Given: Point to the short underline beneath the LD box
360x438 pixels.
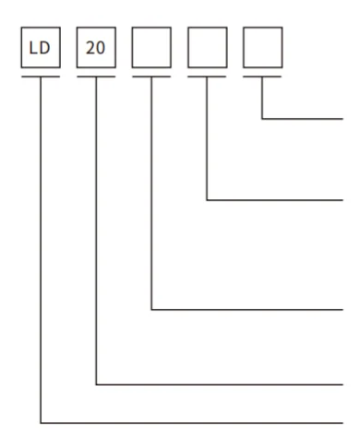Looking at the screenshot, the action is (41, 77).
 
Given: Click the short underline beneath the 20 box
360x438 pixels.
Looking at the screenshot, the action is (96, 77).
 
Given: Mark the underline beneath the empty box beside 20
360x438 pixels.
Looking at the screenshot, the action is (151, 77).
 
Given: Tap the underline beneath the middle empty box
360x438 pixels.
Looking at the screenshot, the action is (206, 77).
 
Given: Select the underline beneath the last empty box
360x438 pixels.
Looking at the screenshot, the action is (262, 77).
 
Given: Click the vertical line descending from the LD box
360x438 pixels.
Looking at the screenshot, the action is (41, 249).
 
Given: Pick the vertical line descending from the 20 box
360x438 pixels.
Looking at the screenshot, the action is (96, 231).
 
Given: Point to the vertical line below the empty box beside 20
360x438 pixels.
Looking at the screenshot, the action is (151, 194).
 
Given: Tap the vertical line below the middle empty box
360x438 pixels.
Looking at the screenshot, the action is (206, 138).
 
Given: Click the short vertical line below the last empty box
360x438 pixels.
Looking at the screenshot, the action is (262, 99).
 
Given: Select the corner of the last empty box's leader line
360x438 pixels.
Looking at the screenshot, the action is (262, 119).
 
